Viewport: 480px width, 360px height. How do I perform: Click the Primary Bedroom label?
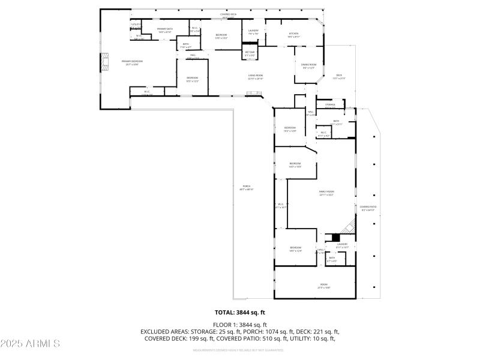coord(132,61)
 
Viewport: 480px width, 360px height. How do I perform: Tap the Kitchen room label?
coord(293,34)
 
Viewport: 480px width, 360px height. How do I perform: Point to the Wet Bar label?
coord(250,53)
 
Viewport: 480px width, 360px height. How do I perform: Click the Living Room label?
coord(256,76)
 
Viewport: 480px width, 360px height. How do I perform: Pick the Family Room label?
coord(326,192)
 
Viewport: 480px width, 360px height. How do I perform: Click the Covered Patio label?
coord(368,207)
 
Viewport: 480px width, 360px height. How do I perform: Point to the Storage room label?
coord(330,104)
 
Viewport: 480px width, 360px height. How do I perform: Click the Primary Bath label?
coord(165,29)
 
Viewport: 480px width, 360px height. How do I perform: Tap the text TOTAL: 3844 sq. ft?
coord(240,313)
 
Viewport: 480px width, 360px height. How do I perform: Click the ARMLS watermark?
coord(30,344)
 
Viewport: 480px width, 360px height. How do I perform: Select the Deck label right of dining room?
coord(339,76)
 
